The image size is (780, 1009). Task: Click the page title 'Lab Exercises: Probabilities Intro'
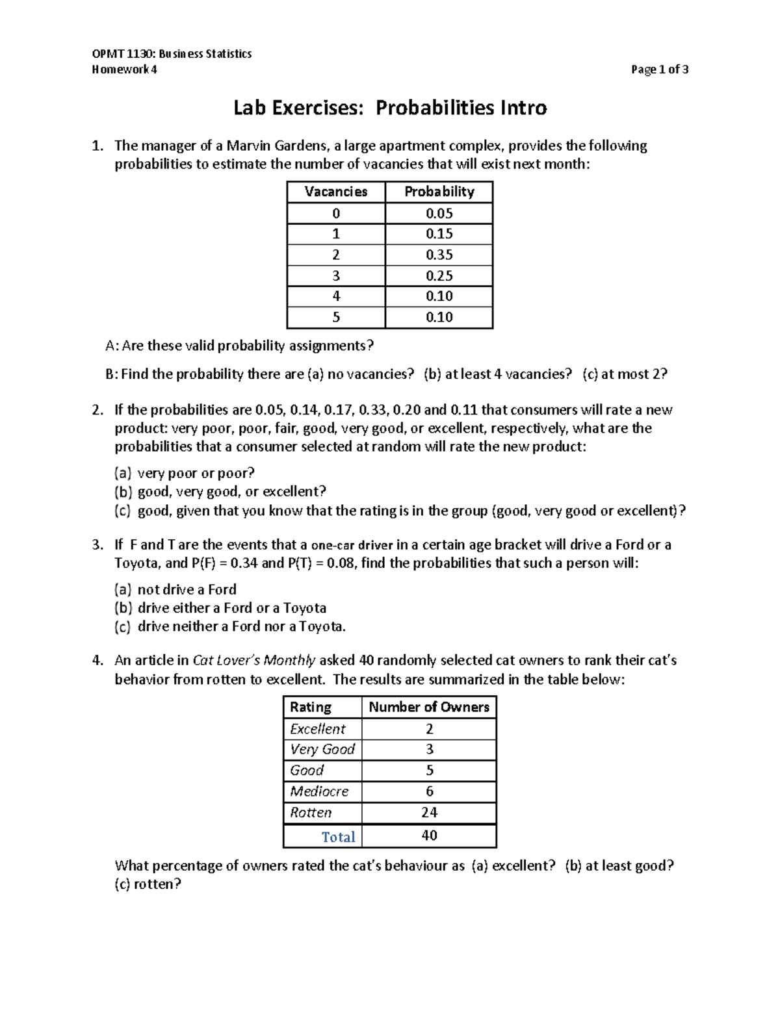pyautogui.click(x=390, y=107)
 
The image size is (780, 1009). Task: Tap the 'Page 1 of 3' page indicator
pyautogui.click(x=659, y=70)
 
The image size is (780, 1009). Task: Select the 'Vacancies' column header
pyautogui.click(x=335, y=192)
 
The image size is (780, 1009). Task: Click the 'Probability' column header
pyautogui.click(x=439, y=192)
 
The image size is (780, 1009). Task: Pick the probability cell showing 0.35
pyautogui.click(x=439, y=255)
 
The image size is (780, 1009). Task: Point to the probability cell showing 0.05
pyautogui.click(x=439, y=213)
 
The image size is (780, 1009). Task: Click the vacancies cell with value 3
pyautogui.click(x=335, y=275)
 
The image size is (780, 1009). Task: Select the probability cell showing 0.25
pyautogui.click(x=439, y=275)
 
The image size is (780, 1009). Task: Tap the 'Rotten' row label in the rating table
pyautogui.click(x=311, y=812)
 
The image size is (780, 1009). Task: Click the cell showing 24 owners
pyautogui.click(x=429, y=812)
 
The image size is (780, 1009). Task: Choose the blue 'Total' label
pyautogui.click(x=338, y=837)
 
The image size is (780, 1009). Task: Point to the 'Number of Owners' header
pyautogui.click(x=429, y=707)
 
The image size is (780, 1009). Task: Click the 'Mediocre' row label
pyautogui.click(x=319, y=791)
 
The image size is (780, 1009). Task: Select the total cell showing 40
pyautogui.click(x=429, y=836)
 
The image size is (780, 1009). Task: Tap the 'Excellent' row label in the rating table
pyautogui.click(x=318, y=729)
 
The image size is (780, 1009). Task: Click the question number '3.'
pyautogui.click(x=97, y=544)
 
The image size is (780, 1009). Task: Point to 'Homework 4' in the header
pyautogui.click(x=124, y=70)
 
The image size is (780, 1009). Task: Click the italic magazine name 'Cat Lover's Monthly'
pyautogui.click(x=254, y=660)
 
